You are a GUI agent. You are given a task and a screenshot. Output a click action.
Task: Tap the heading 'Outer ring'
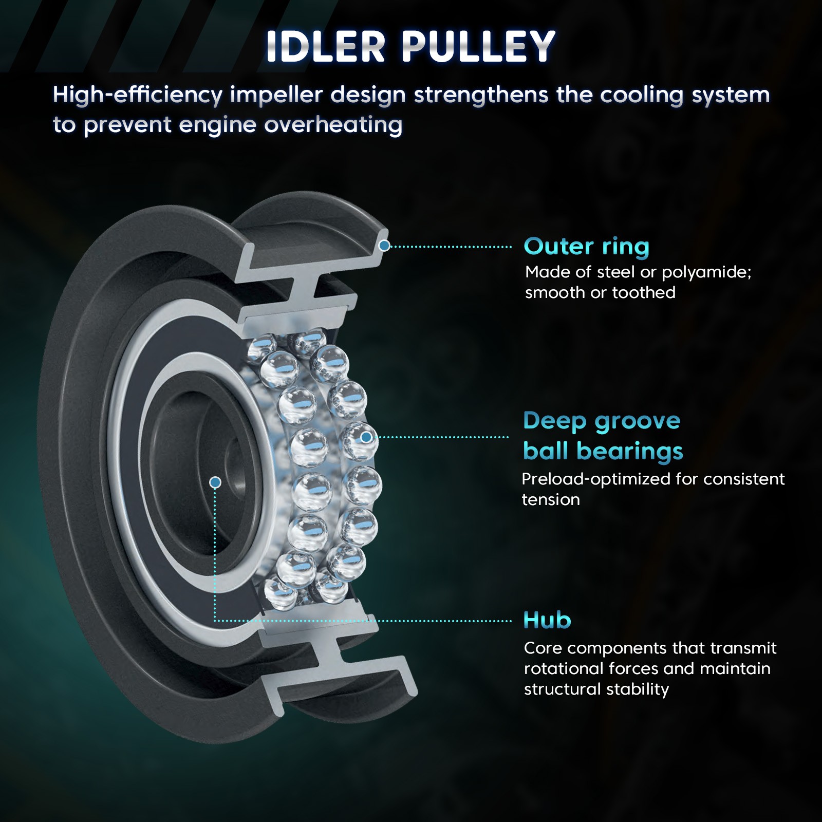click(x=586, y=247)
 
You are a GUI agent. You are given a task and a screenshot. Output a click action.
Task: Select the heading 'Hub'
click(x=547, y=621)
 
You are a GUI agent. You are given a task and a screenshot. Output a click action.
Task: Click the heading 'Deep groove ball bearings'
click(x=602, y=436)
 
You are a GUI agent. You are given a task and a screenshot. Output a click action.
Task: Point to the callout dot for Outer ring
click(x=384, y=246)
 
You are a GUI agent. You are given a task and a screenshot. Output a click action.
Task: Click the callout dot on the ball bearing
click(x=366, y=437)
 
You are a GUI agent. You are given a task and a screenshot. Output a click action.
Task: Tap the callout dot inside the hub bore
click(x=215, y=482)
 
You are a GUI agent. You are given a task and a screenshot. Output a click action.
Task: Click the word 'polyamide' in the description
click(x=706, y=272)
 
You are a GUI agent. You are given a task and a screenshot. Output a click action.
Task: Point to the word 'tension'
click(x=551, y=500)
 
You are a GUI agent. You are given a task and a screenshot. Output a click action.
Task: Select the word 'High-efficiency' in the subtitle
click(x=138, y=95)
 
